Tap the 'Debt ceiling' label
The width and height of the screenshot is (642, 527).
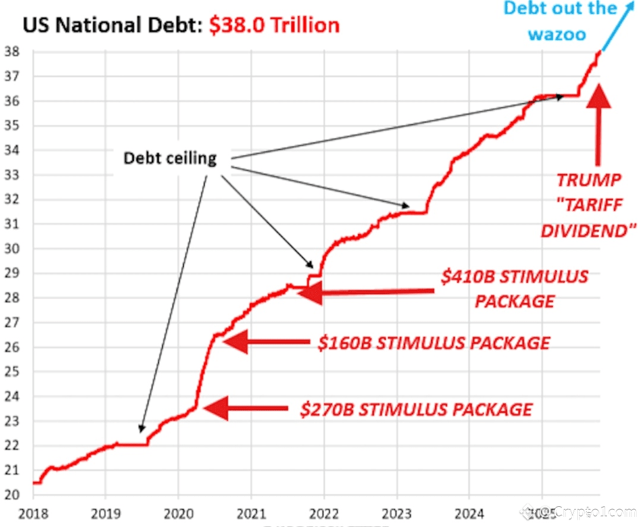click(170, 159)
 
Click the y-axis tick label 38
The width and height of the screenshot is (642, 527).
click(11, 52)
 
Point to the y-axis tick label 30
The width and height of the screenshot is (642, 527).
click(11, 248)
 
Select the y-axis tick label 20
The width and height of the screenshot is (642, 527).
click(11, 494)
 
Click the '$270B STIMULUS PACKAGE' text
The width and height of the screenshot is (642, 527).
click(416, 409)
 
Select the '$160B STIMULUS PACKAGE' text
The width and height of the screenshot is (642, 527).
click(433, 343)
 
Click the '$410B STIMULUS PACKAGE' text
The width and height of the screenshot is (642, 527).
click(515, 289)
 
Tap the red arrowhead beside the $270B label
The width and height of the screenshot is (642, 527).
click(216, 408)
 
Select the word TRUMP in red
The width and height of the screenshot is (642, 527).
click(588, 180)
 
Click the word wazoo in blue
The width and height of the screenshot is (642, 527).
click(558, 34)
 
